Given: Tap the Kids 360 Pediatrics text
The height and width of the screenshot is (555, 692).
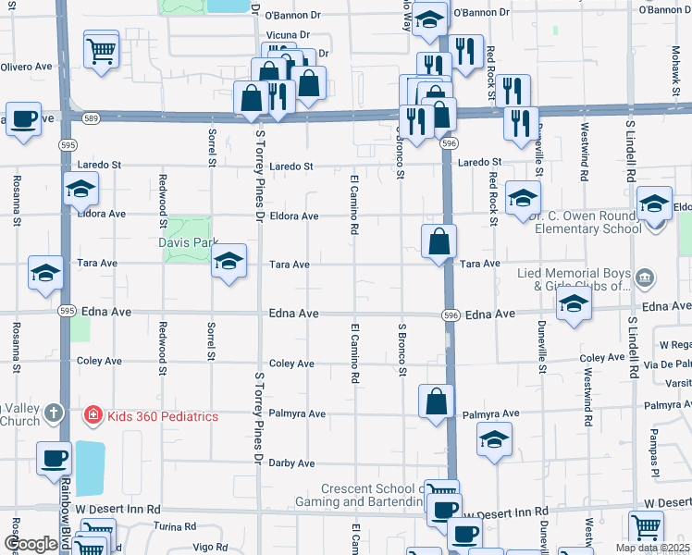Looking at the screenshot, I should pos(162,416).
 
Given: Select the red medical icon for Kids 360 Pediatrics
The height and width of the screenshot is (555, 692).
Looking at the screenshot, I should pos(93,416).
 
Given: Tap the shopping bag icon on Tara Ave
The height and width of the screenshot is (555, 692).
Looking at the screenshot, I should pos(439,241).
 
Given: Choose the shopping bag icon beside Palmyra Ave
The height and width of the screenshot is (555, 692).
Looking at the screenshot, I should pos(436,401).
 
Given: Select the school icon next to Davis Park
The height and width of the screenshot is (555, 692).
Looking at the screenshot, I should pos(229,263).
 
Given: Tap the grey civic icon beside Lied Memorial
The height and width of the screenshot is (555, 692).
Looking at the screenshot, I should pos(646,276).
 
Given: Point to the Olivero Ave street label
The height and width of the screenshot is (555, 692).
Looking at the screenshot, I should pos(26,68).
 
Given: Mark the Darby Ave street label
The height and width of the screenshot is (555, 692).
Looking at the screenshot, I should pos(291,462).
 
